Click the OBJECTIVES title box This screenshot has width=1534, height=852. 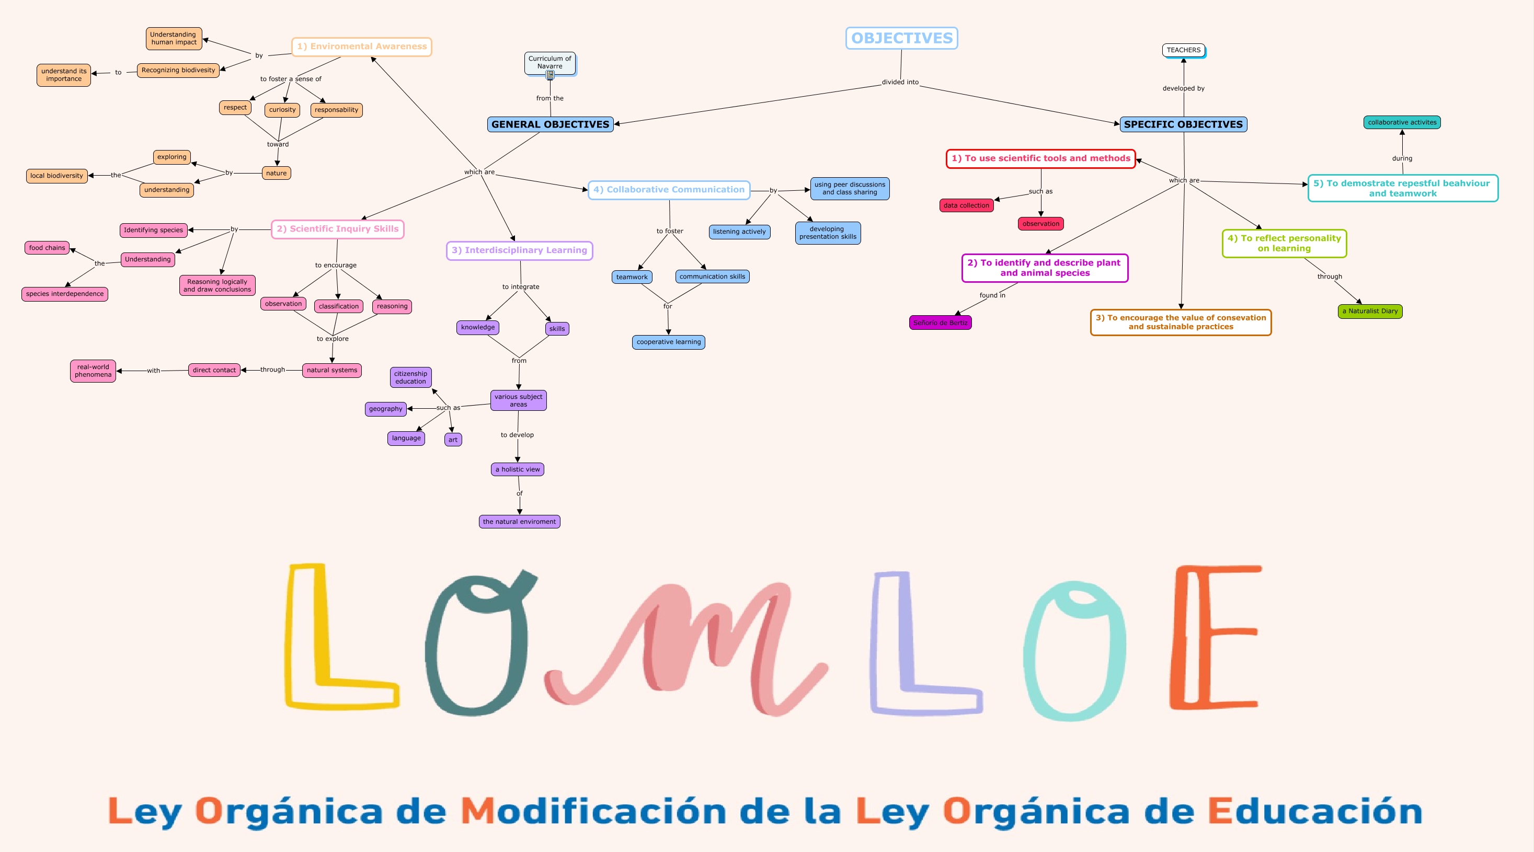tap(901, 38)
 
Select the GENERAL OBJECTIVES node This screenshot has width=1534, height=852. tap(550, 124)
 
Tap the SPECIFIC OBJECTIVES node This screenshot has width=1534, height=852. tap(1183, 124)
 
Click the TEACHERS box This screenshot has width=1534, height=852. tap(1183, 50)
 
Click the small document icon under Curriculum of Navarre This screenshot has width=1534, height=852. tap(550, 75)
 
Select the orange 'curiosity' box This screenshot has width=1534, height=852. tap(282, 110)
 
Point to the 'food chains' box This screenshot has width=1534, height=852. tap(47, 248)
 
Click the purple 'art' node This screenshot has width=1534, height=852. tap(453, 440)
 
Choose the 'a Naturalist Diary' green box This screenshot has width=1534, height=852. tap(1370, 311)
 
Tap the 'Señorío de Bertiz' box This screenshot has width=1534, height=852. tap(940, 323)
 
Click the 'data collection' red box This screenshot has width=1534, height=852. tap(966, 205)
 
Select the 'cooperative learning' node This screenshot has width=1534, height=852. tap(668, 342)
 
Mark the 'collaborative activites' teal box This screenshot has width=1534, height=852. tap(1402, 122)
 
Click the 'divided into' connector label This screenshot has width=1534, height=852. tap(900, 82)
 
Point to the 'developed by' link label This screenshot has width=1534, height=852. tap(1183, 88)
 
